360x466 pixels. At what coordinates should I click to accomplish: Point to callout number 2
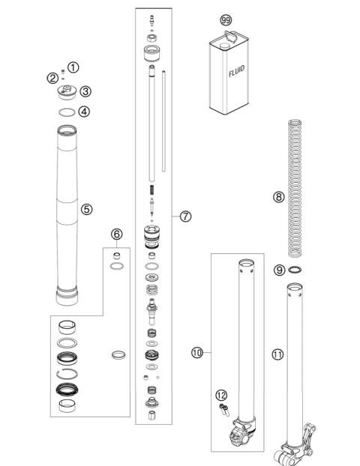coord(52,78)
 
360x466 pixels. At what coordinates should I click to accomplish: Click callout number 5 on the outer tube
coord(87,209)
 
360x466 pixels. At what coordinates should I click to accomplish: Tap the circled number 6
coord(116,234)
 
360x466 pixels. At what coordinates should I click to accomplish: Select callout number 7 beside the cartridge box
coord(186,216)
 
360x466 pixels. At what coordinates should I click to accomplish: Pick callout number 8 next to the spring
coord(279,198)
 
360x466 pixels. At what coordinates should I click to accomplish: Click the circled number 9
coord(278,270)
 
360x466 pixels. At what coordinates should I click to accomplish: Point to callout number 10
coord(198,351)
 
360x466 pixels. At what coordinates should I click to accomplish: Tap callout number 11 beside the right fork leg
coord(278,354)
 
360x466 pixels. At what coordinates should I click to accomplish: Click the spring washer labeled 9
coord(297,271)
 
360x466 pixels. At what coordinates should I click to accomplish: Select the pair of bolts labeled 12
coord(222,408)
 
